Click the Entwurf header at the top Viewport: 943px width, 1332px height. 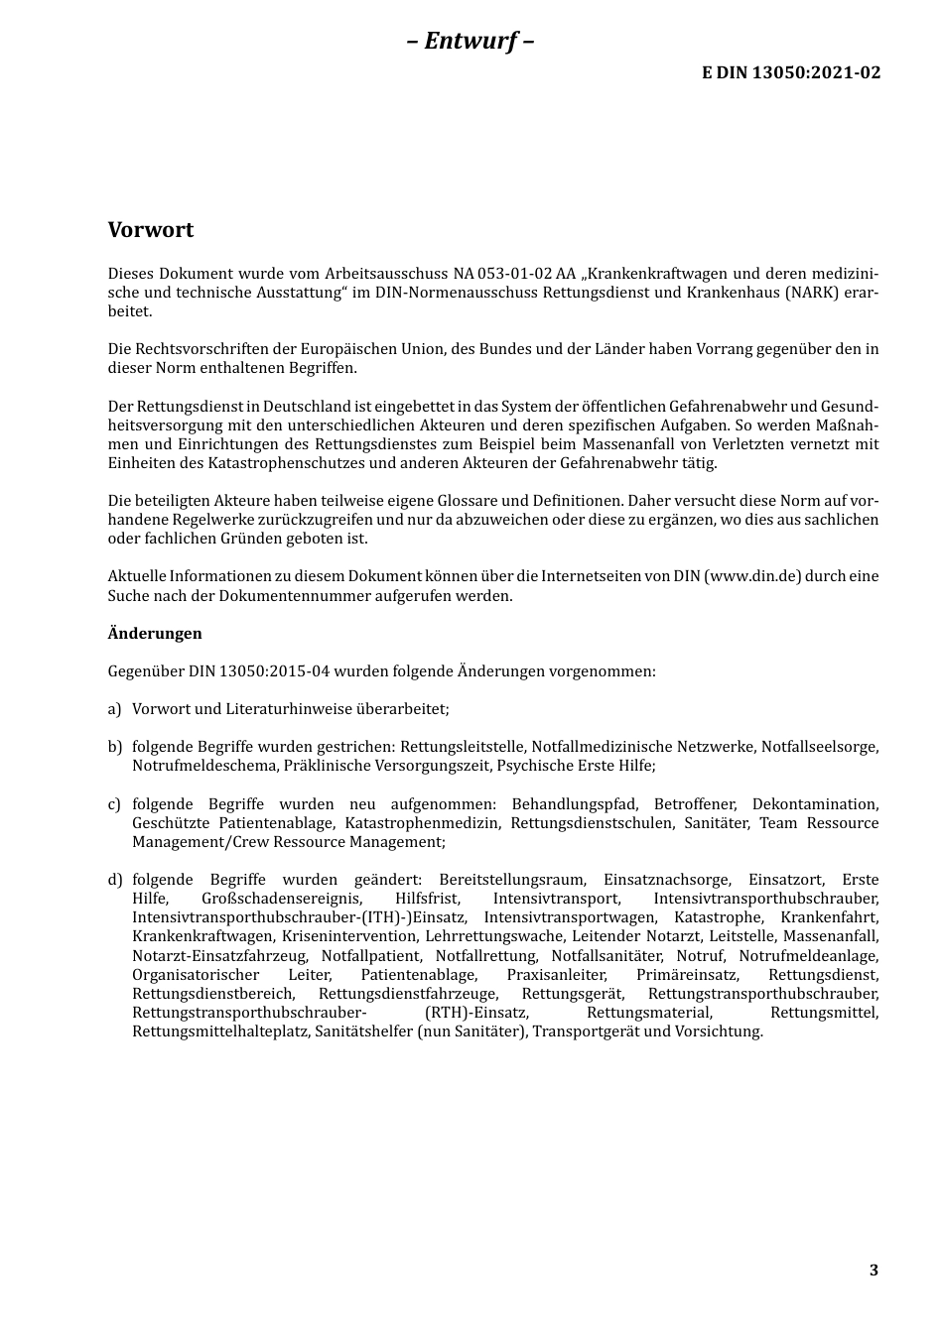(471, 41)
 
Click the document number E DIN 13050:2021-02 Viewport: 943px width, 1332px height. (791, 72)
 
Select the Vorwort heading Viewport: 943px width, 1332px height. (151, 230)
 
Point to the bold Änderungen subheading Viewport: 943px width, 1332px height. (155, 634)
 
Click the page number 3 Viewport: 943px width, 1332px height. (874, 1271)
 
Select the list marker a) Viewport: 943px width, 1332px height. (114, 709)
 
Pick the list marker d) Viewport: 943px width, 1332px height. (114, 880)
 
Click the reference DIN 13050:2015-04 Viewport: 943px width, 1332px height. (259, 671)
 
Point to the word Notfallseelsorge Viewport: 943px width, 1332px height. (820, 747)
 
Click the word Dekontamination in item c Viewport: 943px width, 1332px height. (815, 804)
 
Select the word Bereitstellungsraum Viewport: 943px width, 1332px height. (512, 880)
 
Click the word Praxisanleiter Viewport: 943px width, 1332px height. (556, 975)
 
